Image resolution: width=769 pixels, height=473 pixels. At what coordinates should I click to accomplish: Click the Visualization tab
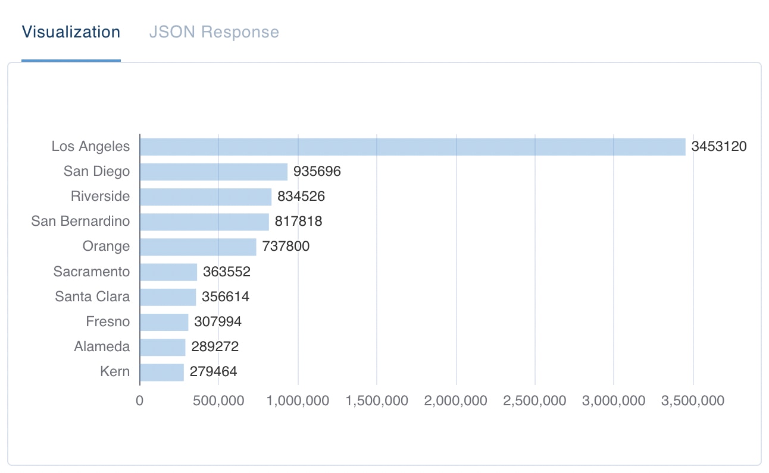tap(71, 32)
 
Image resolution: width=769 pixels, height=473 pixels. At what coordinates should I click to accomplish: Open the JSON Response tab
tap(214, 32)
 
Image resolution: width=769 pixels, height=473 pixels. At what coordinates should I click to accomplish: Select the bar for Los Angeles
tap(412, 147)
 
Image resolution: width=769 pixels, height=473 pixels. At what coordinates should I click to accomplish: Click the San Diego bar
tap(214, 172)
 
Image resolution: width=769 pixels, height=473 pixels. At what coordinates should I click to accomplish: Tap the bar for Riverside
tap(205, 197)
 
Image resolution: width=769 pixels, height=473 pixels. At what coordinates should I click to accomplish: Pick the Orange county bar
tap(198, 247)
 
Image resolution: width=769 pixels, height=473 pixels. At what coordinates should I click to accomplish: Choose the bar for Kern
tap(162, 372)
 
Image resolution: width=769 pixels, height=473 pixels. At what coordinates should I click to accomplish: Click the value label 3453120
tap(718, 147)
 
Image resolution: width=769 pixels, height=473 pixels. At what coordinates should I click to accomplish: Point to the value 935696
tap(317, 172)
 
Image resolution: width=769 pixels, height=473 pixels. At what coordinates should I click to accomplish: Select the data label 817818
tap(298, 222)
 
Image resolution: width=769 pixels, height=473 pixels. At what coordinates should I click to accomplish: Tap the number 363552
tap(226, 272)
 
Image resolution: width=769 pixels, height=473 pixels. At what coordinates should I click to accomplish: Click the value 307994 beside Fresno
tap(218, 322)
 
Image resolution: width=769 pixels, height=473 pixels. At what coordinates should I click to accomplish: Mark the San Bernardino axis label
tap(80, 222)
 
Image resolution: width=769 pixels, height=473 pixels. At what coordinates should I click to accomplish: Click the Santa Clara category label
tap(92, 297)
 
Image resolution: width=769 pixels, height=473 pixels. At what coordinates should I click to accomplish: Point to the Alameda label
tap(102, 347)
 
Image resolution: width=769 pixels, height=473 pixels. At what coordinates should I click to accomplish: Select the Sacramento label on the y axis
tap(91, 272)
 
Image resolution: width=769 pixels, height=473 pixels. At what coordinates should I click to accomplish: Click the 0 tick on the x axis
tap(140, 401)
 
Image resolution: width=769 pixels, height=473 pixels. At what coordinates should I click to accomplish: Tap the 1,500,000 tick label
tap(377, 401)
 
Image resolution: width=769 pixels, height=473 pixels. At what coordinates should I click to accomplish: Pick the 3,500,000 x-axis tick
tap(693, 401)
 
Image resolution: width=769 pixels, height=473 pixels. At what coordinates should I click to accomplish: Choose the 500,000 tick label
tap(218, 401)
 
